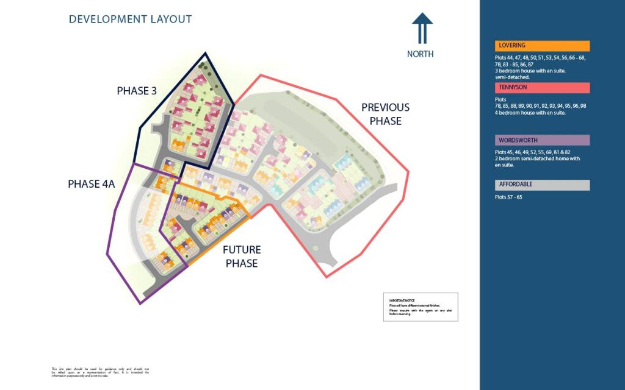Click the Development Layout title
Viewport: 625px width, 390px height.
coord(130,19)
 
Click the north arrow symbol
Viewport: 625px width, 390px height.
coord(422,28)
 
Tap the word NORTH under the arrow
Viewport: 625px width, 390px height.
coord(421,54)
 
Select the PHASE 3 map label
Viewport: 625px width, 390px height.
coord(137,91)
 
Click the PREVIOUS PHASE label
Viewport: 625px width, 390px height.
coord(385,114)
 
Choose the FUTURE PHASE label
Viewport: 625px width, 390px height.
coord(242,257)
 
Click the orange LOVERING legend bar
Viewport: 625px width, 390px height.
coord(542,46)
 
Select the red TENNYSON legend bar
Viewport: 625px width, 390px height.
coord(542,88)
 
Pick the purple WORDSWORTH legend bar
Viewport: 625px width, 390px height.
coord(542,140)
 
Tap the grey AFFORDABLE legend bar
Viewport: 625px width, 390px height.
coord(542,185)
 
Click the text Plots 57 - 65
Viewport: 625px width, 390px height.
coord(509,197)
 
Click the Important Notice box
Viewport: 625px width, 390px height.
coord(421,307)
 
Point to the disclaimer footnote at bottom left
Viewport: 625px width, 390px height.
coord(100,372)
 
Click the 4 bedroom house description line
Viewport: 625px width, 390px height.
coord(530,113)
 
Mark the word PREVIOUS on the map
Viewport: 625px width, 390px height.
coord(385,107)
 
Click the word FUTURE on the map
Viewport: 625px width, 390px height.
coord(242,250)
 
